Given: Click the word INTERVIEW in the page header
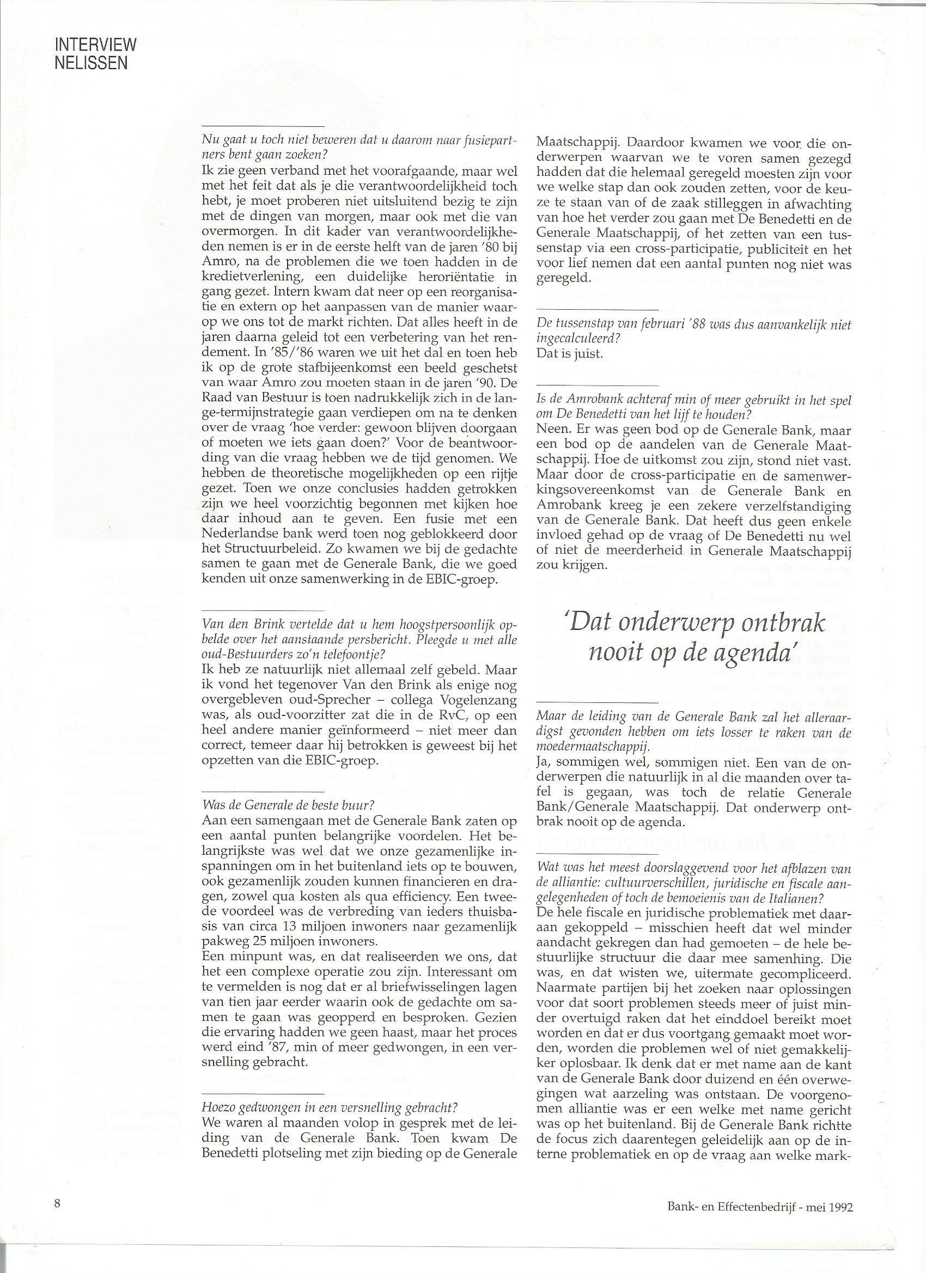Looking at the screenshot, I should coord(95,45).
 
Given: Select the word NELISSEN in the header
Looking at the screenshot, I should coord(91,63).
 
